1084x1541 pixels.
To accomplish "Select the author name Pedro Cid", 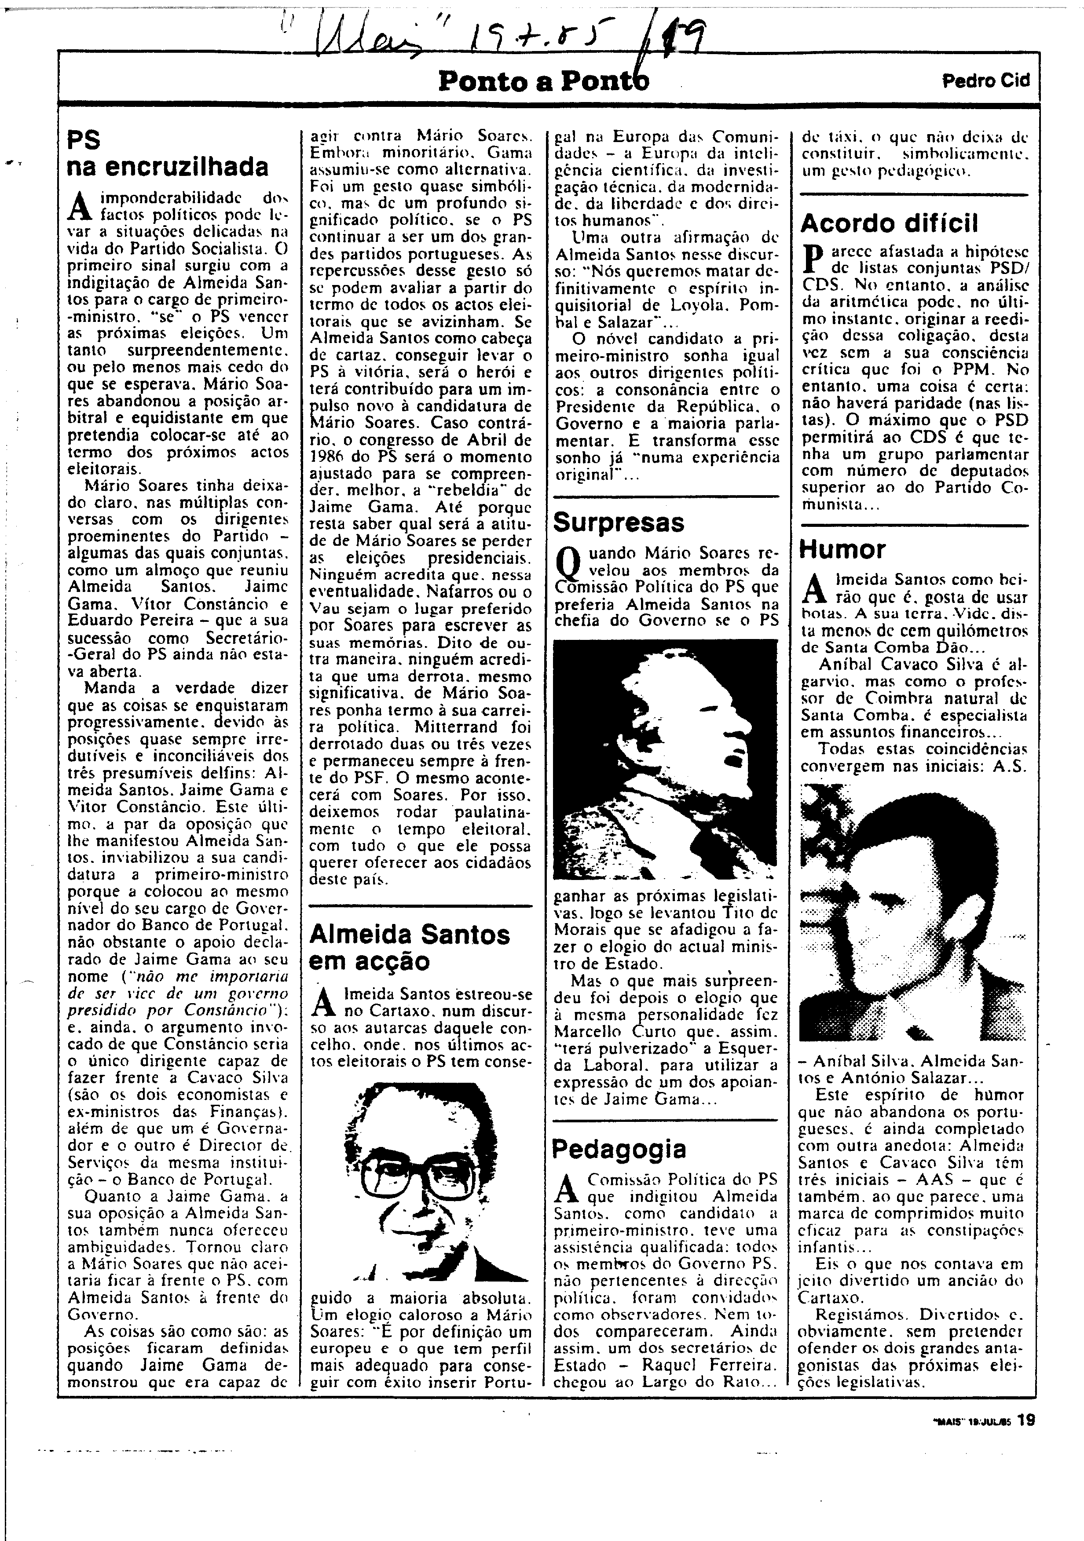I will (985, 80).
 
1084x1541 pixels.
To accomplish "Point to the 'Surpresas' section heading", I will (618, 522).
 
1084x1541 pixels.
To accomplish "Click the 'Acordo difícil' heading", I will (890, 223).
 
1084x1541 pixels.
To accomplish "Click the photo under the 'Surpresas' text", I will (664, 759).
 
